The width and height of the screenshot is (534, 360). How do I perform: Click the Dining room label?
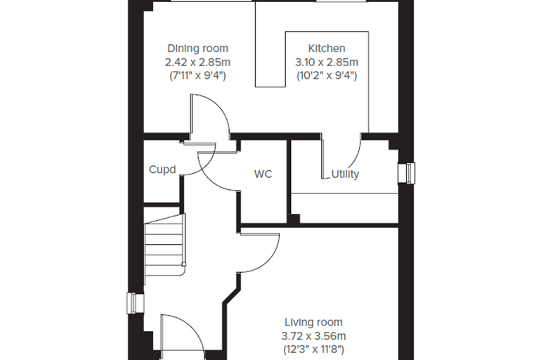(x=197, y=49)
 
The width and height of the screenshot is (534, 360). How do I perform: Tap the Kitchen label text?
(x=327, y=49)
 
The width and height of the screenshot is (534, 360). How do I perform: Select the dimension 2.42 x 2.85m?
(x=197, y=63)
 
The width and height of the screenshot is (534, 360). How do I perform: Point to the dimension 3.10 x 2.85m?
(x=327, y=63)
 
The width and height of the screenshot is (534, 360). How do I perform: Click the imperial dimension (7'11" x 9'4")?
(x=197, y=75)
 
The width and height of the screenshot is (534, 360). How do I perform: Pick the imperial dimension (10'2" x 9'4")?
(x=327, y=75)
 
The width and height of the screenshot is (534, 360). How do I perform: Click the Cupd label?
(x=162, y=169)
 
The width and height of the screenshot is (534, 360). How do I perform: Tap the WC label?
(x=263, y=174)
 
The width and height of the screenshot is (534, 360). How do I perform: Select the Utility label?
(x=345, y=174)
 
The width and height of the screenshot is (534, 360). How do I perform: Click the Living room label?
(x=313, y=322)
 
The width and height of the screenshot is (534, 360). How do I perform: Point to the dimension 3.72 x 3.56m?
(x=313, y=336)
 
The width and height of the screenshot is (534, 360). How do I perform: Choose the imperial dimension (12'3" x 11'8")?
(x=313, y=349)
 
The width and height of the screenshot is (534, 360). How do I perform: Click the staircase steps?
(x=165, y=249)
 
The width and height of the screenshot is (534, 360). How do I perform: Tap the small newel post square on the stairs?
(x=184, y=264)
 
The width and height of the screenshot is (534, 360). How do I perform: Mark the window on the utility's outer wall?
(x=407, y=173)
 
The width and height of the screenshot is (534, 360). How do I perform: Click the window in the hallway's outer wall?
(x=135, y=303)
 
